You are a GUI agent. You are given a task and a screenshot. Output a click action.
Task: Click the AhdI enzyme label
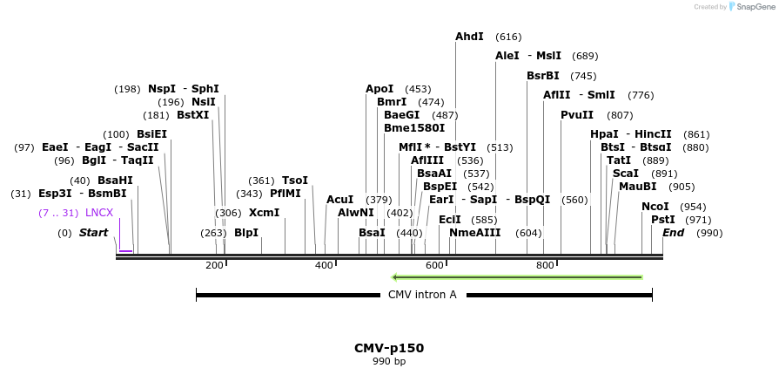coord(469,37)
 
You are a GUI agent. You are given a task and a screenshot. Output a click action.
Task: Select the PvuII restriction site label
coord(577,115)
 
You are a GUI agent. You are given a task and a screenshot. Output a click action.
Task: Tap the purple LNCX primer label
coord(99,213)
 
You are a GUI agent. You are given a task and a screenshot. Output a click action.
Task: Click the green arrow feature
coord(517,277)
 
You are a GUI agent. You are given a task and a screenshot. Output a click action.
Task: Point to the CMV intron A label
coord(422,295)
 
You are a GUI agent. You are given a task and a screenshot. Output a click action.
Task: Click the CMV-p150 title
coord(389,348)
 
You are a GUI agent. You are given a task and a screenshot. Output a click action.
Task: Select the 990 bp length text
coord(389,361)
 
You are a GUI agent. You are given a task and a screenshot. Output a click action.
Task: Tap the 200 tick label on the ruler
coord(214,265)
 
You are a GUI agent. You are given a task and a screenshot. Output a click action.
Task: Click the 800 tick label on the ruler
coord(545,265)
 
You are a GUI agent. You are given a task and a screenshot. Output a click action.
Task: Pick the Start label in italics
coord(94,233)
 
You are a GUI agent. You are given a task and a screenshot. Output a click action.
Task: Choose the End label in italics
coord(673,233)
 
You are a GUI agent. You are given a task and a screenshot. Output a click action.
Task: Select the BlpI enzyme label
coord(246,233)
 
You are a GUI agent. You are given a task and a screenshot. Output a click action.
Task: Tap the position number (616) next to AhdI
coord(508,37)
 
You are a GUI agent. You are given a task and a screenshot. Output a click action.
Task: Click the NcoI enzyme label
coord(655,207)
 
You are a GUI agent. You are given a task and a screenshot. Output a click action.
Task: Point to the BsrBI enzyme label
coord(543,76)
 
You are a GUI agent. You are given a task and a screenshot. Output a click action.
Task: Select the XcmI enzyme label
coord(265,213)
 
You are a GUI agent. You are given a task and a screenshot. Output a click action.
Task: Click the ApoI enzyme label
coord(379,89)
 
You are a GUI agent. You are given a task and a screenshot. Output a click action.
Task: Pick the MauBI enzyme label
coord(638,187)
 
